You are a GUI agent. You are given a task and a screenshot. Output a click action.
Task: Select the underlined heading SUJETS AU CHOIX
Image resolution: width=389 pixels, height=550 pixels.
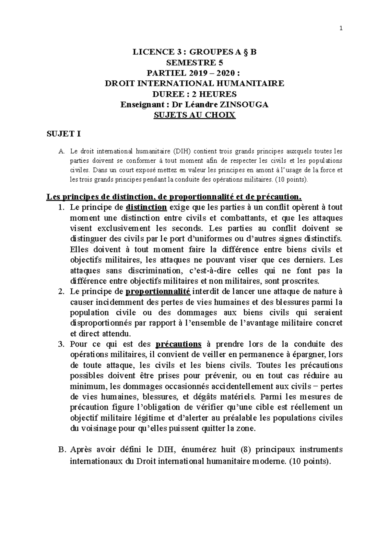click(194, 115)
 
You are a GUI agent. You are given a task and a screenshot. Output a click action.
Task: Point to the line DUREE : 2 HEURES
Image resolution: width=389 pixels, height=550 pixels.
click(194, 94)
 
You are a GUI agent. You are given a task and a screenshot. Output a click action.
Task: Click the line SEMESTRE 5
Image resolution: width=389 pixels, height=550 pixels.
click(194, 63)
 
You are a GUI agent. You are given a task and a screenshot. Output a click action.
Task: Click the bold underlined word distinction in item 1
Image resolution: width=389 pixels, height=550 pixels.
click(146, 207)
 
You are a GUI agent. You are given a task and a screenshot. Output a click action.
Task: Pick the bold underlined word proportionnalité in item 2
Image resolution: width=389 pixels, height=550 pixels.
click(158, 292)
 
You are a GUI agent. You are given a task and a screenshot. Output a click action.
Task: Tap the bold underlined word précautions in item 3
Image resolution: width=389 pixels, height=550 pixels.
click(179, 344)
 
